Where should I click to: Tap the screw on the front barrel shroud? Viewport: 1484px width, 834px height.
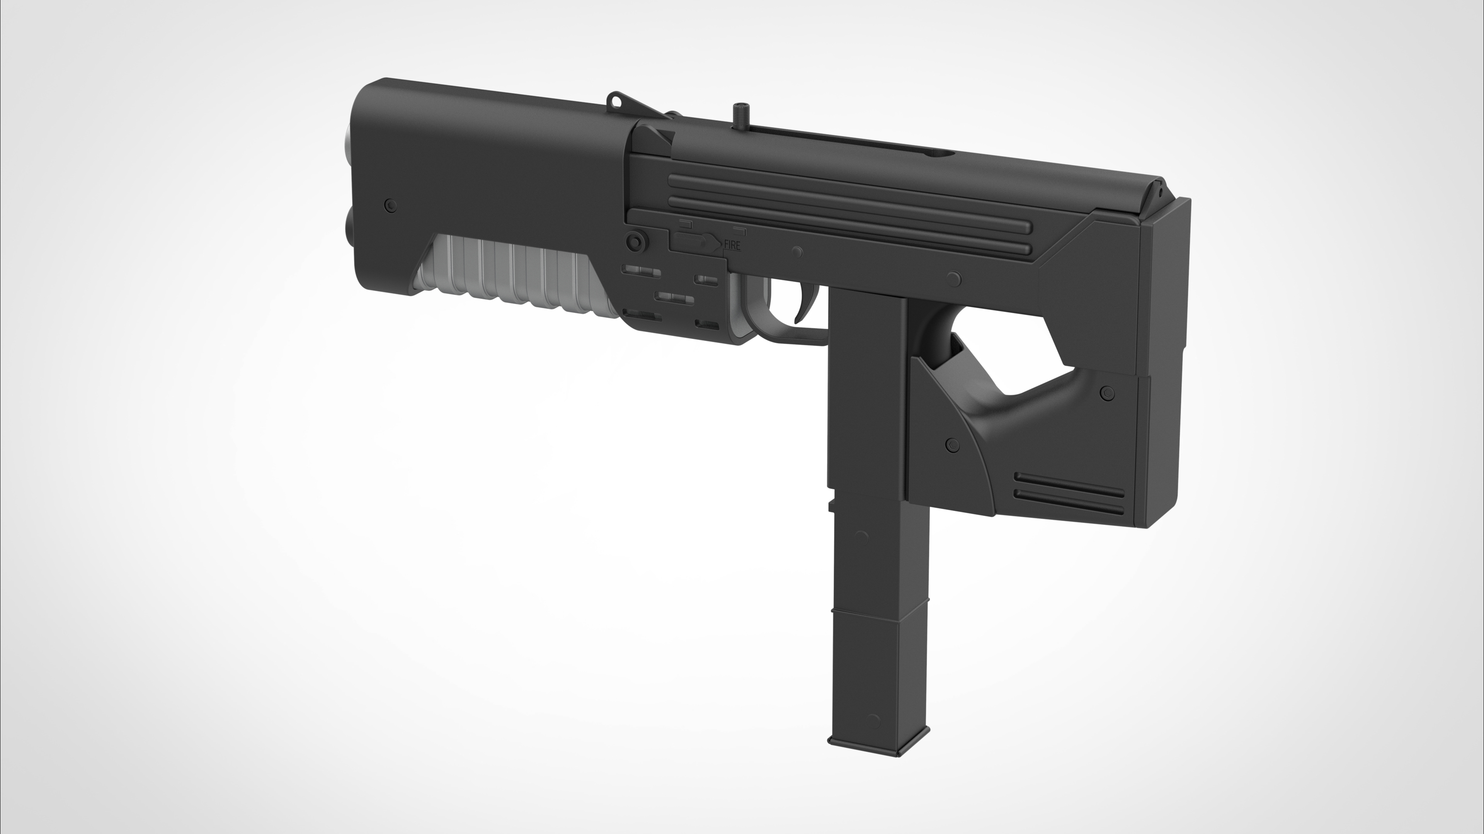391,205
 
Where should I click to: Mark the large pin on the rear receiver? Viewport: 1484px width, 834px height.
954,279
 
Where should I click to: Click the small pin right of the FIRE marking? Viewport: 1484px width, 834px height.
797,252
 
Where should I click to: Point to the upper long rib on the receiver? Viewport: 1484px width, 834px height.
847,196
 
